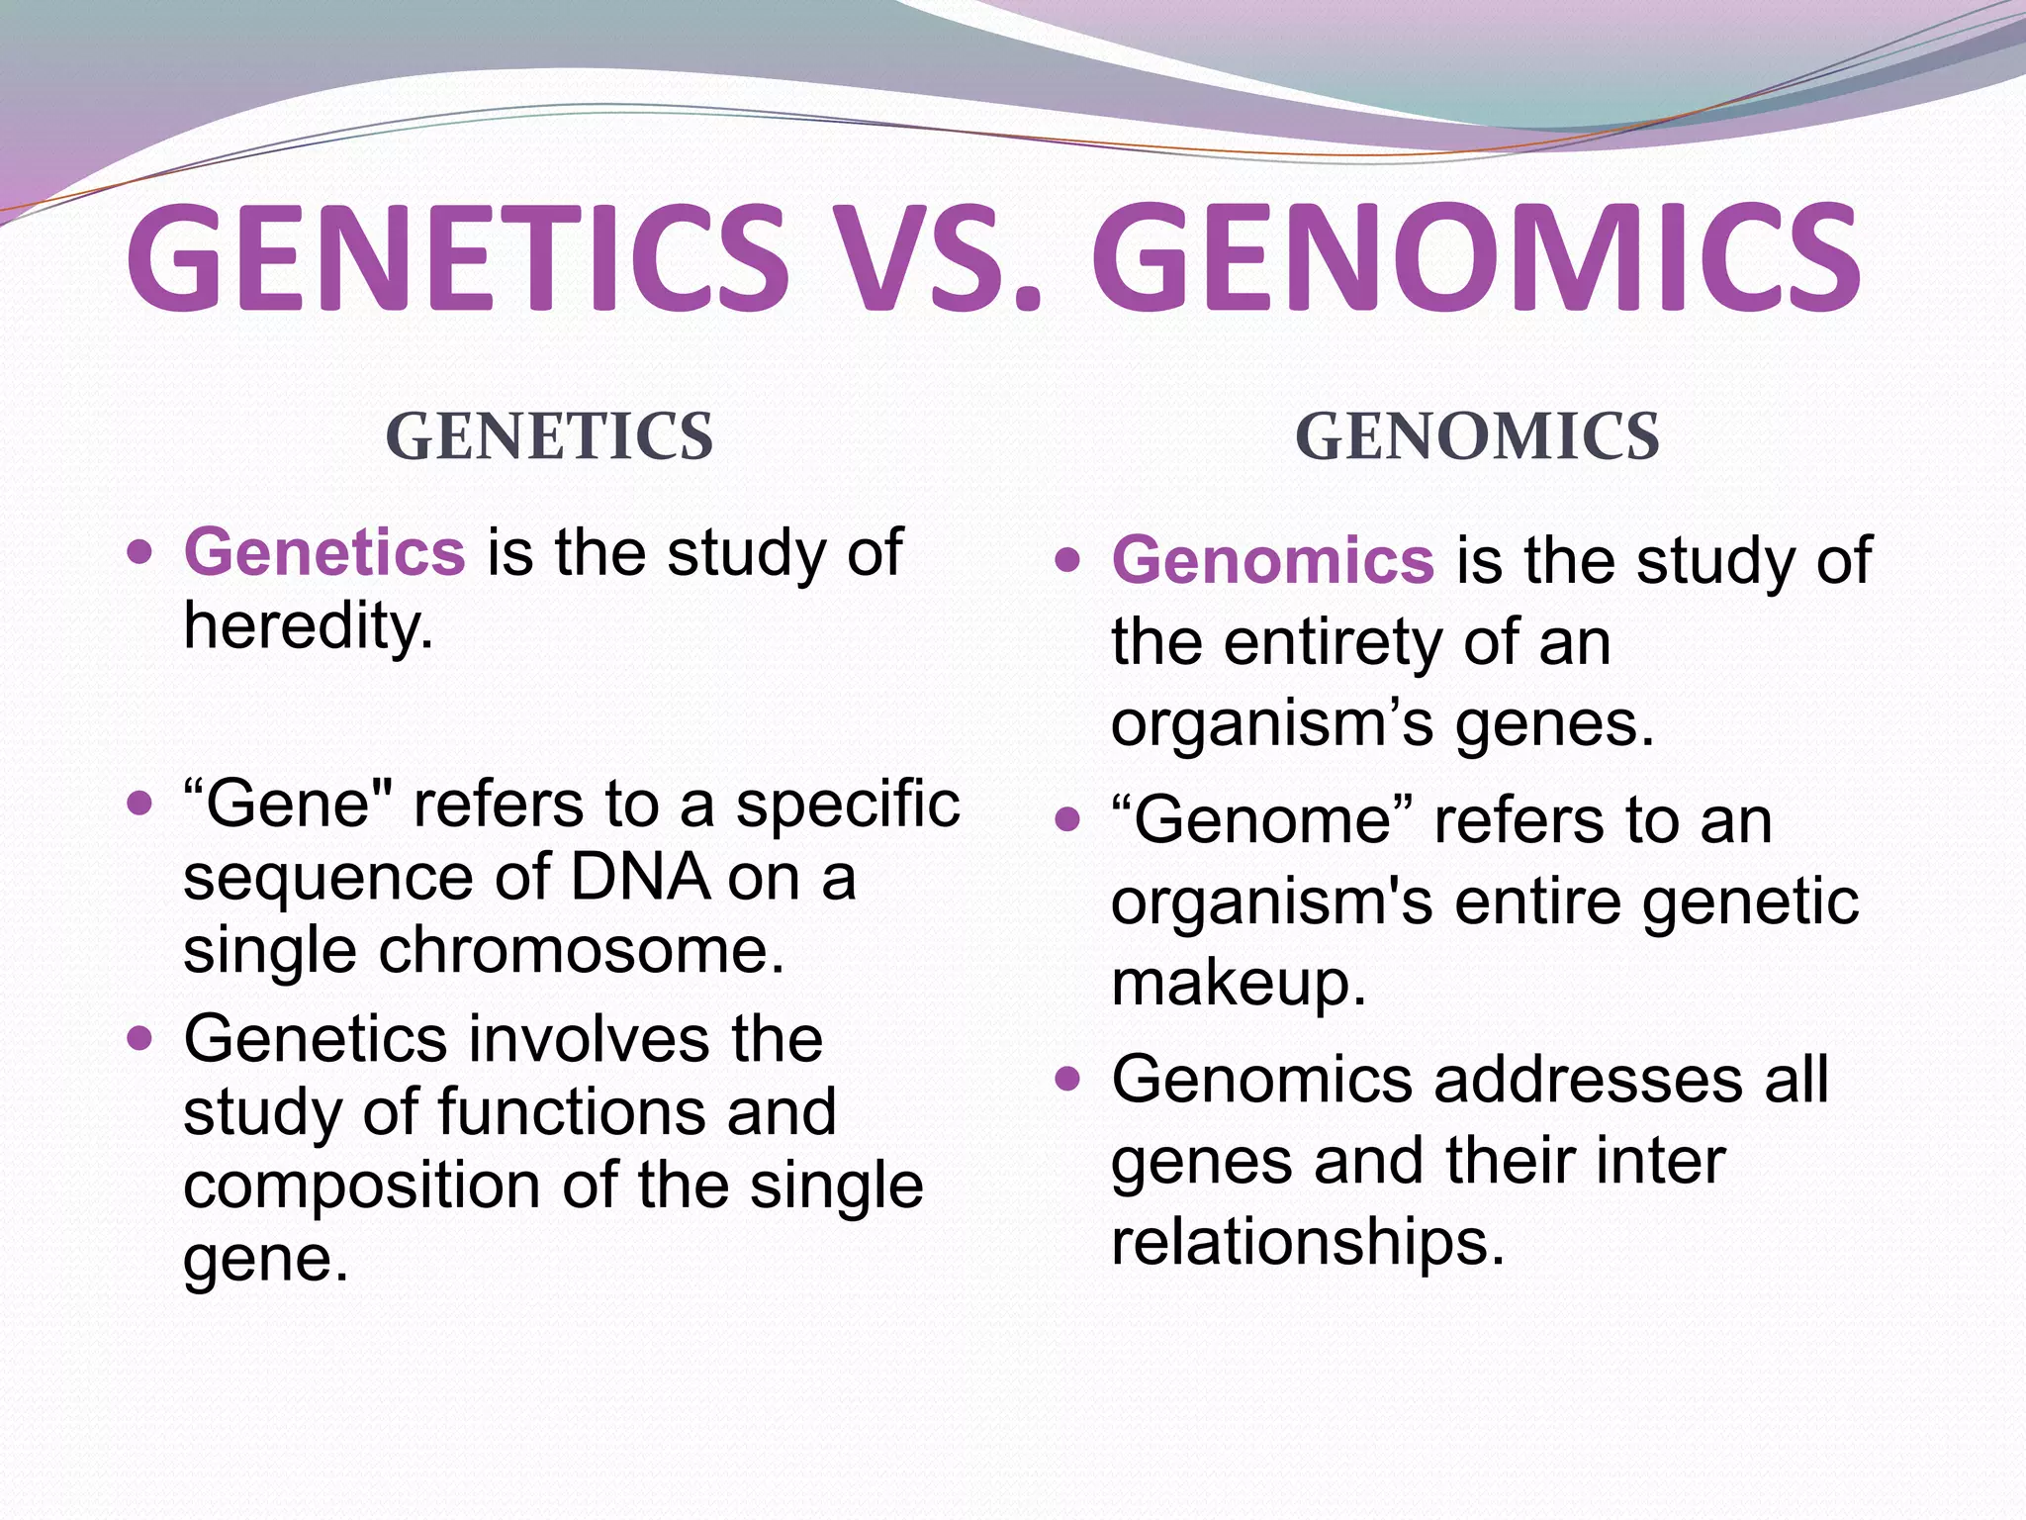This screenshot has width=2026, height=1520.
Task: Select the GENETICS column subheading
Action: [x=549, y=436]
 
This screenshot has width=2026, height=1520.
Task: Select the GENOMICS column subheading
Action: [x=1477, y=436]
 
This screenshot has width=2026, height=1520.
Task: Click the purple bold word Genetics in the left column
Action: [x=324, y=552]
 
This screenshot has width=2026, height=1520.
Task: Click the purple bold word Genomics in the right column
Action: [x=1272, y=560]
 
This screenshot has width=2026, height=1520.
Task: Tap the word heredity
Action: [x=308, y=626]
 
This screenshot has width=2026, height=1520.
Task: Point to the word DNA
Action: [x=640, y=877]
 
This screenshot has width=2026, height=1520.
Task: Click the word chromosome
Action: [x=582, y=950]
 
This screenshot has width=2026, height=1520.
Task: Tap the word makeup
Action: [x=1238, y=983]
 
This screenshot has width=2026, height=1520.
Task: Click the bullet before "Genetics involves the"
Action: [x=140, y=1039]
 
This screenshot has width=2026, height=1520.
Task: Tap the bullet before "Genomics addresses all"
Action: [x=1066, y=1079]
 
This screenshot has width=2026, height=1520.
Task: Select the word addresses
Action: [x=1588, y=1079]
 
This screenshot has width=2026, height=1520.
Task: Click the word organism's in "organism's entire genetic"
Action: [x=1271, y=902]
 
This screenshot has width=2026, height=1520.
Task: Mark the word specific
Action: [x=847, y=804]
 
